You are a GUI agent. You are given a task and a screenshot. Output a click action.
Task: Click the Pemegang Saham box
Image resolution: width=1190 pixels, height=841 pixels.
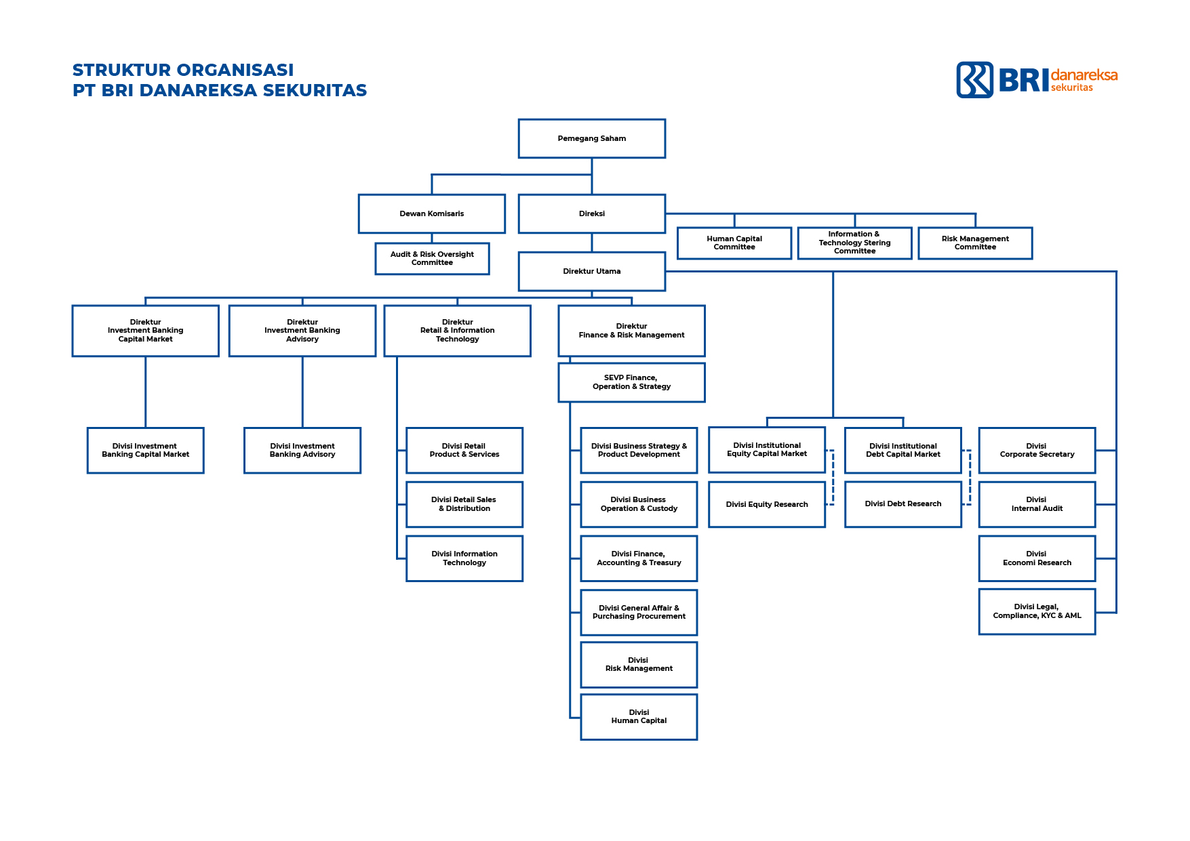[591, 138]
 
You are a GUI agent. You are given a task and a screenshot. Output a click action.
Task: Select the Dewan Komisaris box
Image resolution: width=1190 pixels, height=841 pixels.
[432, 213]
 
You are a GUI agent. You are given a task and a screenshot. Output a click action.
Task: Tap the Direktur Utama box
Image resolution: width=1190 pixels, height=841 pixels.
[591, 271]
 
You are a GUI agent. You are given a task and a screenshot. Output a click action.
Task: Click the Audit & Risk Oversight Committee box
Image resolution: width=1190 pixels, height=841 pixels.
[432, 258]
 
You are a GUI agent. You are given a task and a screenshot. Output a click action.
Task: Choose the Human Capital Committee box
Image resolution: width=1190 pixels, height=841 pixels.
[734, 243]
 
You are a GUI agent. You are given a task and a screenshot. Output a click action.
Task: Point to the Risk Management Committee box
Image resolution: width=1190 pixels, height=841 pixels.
[975, 243]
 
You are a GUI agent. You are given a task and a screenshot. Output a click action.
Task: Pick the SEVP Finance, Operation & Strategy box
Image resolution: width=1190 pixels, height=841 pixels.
[631, 382]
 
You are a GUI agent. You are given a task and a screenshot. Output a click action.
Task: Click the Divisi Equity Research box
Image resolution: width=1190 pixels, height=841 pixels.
[767, 504]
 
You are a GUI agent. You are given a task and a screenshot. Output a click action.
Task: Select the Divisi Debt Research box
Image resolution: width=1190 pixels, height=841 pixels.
[903, 504]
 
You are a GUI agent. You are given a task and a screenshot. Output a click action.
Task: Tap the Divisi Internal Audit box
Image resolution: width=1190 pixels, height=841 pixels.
[1037, 504]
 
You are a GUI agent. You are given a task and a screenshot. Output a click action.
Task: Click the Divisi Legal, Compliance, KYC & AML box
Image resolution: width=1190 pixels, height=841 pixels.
[1037, 611]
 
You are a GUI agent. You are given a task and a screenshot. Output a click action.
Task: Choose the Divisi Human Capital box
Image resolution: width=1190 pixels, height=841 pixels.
[639, 716]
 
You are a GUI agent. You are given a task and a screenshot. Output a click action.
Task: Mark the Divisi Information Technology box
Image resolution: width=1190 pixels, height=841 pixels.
[464, 558]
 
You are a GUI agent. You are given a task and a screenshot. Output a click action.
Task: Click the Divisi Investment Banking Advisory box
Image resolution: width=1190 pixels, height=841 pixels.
[302, 450]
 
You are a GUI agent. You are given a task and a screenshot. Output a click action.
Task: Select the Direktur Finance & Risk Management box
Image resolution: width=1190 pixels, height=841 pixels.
[631, 331]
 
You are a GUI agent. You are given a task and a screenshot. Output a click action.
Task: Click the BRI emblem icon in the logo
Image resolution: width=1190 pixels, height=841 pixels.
[974, 80]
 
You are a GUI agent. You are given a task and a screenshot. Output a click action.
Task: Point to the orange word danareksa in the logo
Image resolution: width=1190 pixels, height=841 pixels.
[1084, 75]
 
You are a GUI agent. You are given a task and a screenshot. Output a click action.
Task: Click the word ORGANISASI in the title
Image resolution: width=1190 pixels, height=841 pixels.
[235, 70]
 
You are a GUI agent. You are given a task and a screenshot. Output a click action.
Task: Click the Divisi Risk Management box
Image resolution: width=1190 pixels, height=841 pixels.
[639, 664]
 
